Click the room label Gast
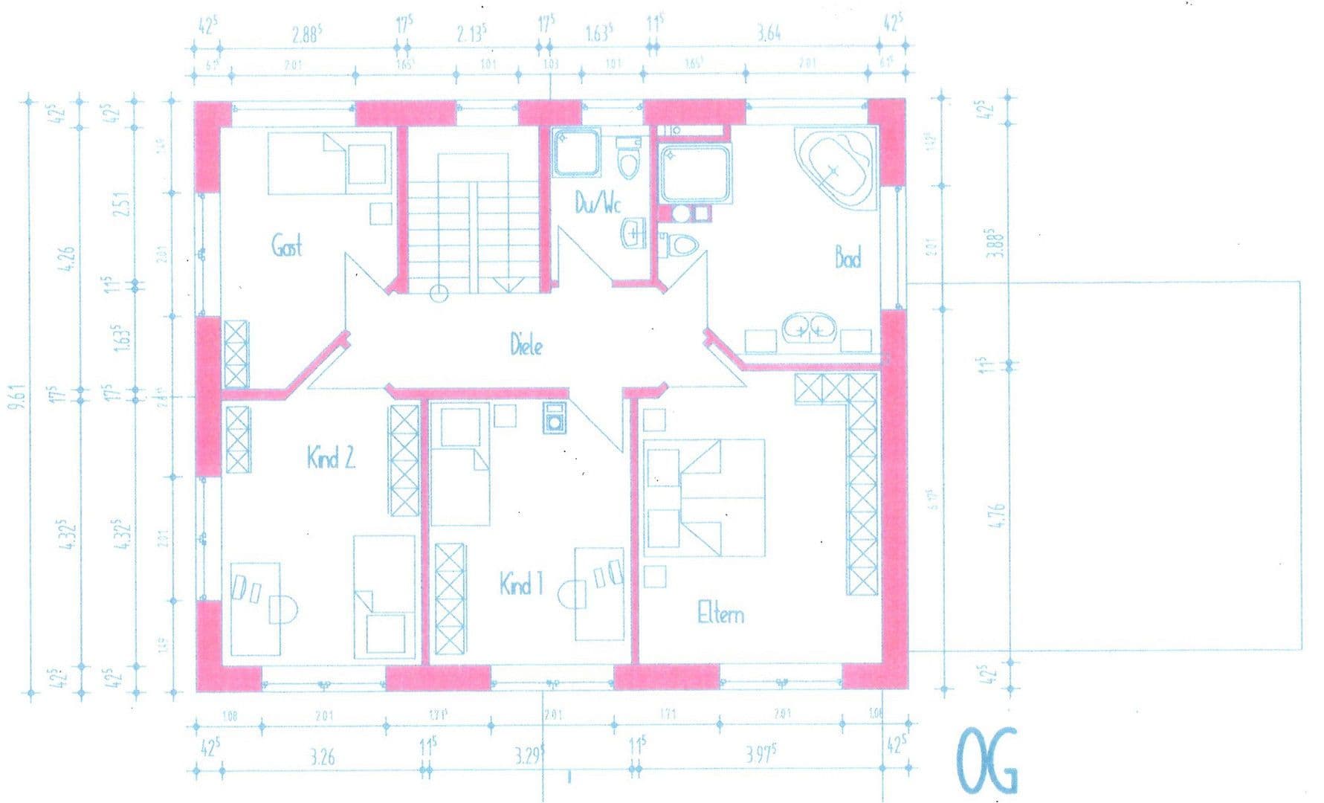(286, 245)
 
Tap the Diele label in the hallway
(526, 345)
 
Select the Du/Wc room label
(597, 203)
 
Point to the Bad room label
(847, 258)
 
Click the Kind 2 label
(331, 457)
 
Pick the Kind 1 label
(521, 584)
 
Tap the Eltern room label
(720, 614)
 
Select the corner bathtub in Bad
(834, 169)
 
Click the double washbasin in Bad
(807, 326)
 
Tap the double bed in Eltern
(706, 497)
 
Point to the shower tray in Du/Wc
(575, 153)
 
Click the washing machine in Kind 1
(555, 417)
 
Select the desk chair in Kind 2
(282, 610)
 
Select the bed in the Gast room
(329, 163)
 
